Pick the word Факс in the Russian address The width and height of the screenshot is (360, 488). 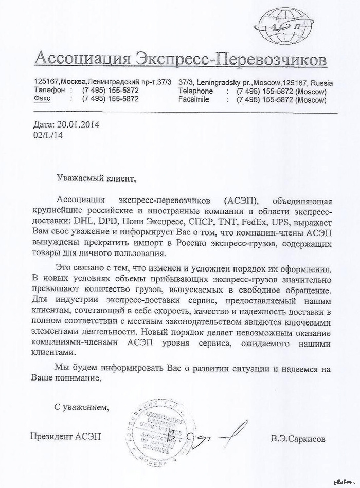click(x=43, y=99)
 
